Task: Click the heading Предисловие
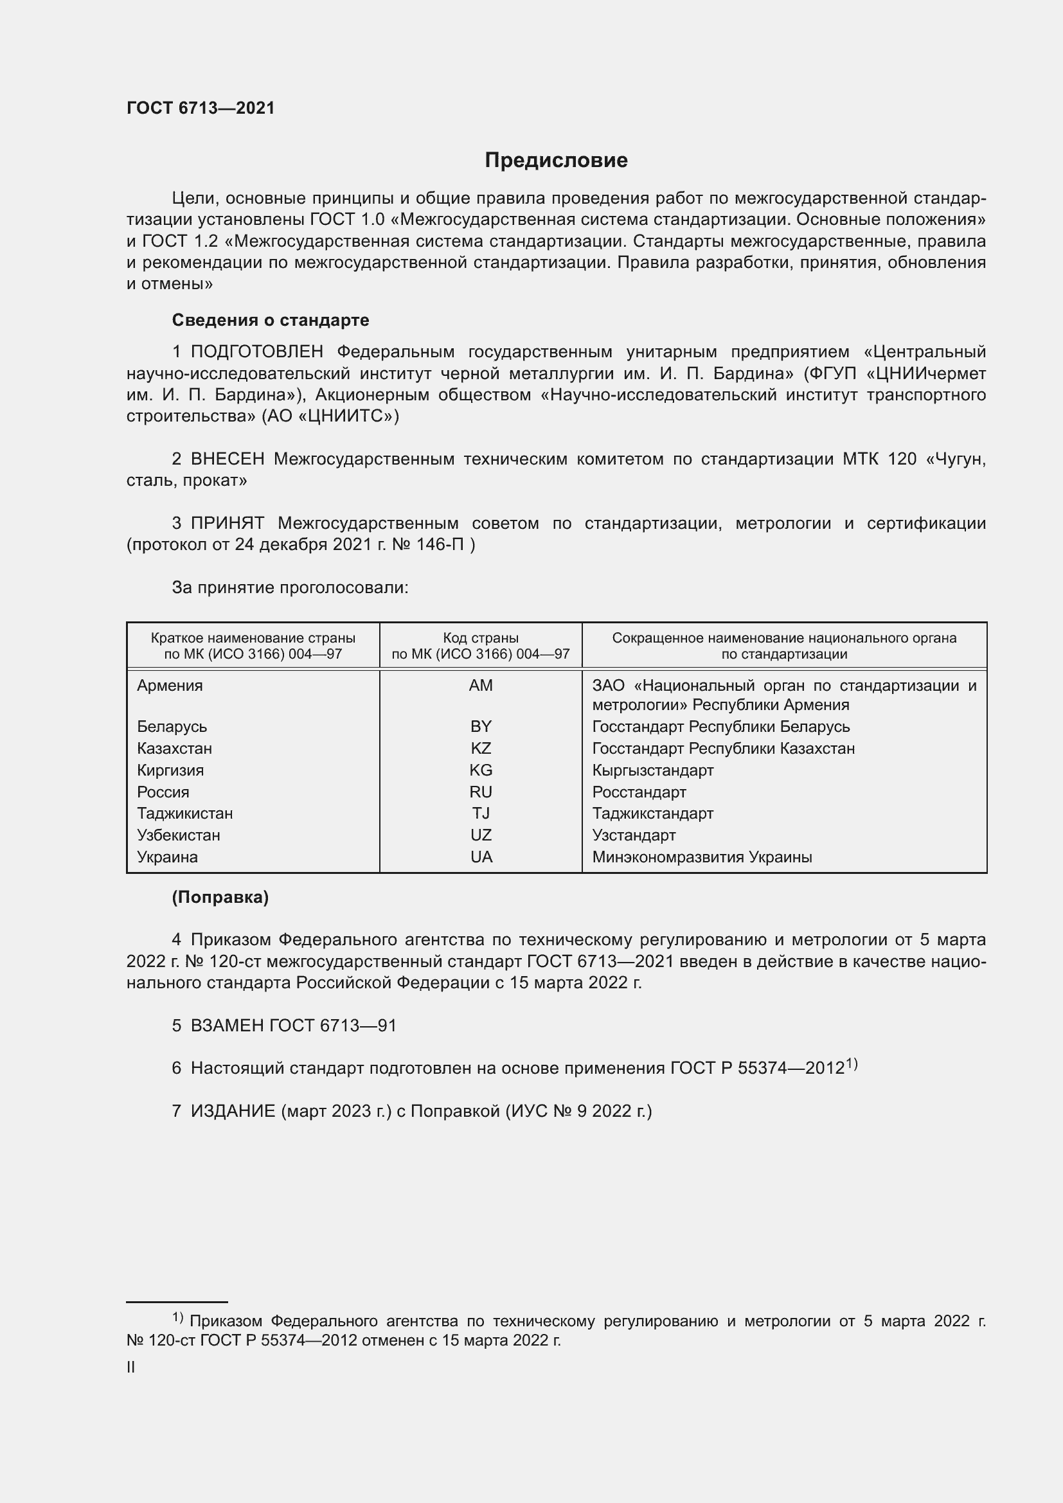(556, 161)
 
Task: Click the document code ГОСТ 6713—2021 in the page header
(201, 108)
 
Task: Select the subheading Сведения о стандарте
(271, 320)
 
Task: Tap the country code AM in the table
(481, 686)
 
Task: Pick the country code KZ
(481, 748)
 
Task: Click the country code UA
(481, 857)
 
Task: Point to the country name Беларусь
(172, 727)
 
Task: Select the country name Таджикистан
(184, 814)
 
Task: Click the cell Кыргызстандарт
(652, 770)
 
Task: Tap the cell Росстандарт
(639, 792)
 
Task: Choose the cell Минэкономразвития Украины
(702, 857)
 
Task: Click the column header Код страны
(481, 638)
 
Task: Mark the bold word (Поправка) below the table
(220, 898)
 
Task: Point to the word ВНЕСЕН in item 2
(227, 459)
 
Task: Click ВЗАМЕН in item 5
(227, 1026)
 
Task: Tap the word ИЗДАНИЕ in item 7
(233, 1112)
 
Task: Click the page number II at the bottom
(131, 1367)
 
